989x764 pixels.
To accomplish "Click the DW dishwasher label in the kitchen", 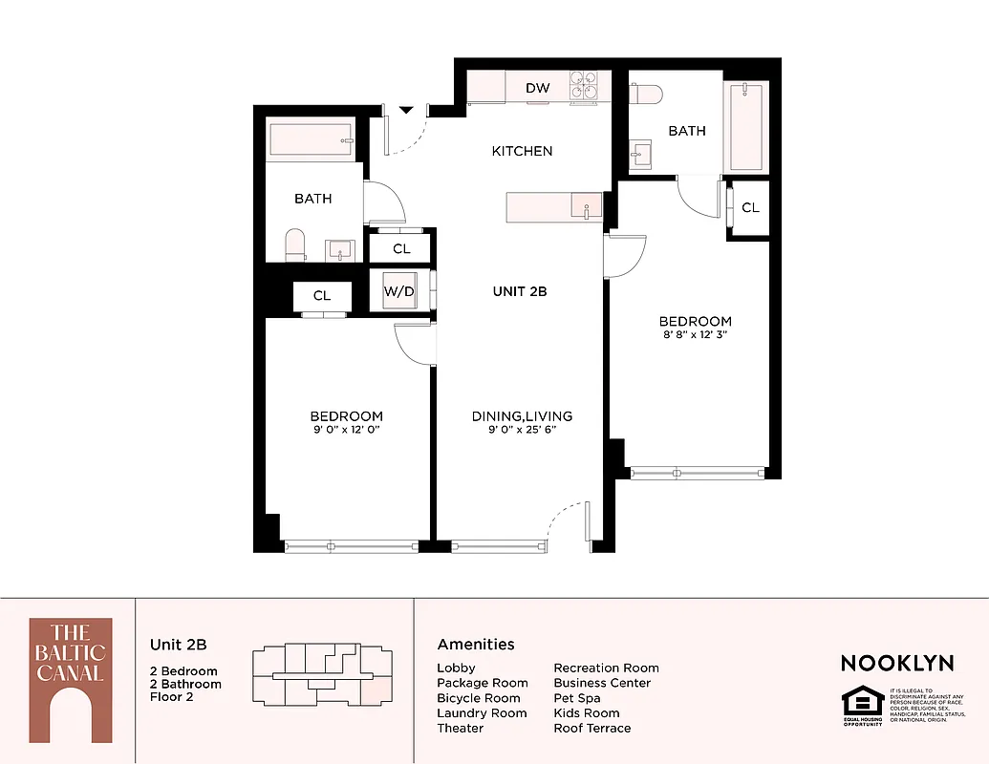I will click(538, 89).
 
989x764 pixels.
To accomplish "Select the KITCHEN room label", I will click(522, 151).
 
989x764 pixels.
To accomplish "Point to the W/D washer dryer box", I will click(399, 291).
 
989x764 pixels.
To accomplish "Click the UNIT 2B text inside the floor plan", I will click(519, 291).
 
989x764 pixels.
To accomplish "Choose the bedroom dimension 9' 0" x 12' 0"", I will click(346, 430).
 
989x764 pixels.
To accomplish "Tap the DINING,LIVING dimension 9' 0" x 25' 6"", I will click(522, 430).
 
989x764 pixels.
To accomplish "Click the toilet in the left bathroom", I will click(295, 244).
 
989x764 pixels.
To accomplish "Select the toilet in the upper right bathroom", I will click(646, 95).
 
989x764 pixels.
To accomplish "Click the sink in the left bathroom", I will click(340, 250).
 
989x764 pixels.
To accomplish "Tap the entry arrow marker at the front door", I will click(406, 111).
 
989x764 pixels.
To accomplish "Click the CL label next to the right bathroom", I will click(750, 207).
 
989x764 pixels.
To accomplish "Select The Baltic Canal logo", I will click(70, 680).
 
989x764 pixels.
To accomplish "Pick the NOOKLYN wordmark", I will click(896, 663).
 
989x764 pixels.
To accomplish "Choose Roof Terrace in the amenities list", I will click(592, 728).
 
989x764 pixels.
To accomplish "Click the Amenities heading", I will click(476, 645).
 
